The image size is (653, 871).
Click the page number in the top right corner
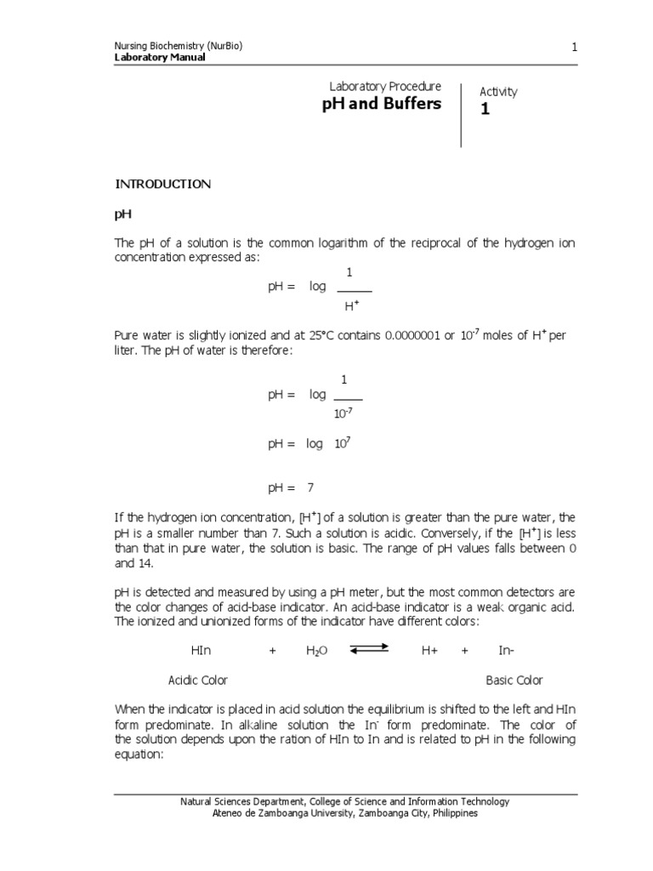[x=574, y=47]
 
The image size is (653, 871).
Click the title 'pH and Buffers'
[x=381, y=105]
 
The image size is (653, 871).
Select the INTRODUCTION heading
[x=162, y=185]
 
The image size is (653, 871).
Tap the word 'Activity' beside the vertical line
[x=498, y=92]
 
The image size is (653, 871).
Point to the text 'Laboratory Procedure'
[x=385, y=86]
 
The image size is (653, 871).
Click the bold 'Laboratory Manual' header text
[x=159, y=58]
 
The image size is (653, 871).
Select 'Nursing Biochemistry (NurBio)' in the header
[x=179, y=46]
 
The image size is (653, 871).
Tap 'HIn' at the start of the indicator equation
[x=202, y=651]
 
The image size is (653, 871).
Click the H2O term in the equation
[x=316, y=652]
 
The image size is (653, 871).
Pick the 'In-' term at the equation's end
[x=507, y=651]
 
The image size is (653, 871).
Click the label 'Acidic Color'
[x=198, y=680]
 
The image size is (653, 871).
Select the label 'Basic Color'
[x=514, y=680]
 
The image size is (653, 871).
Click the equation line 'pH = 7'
[x=291, y=488]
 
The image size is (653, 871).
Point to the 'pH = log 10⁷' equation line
[x=304, y=444]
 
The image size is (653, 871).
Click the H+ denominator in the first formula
[x=349, y=305]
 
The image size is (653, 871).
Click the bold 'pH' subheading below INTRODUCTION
[x=122, y=215]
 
